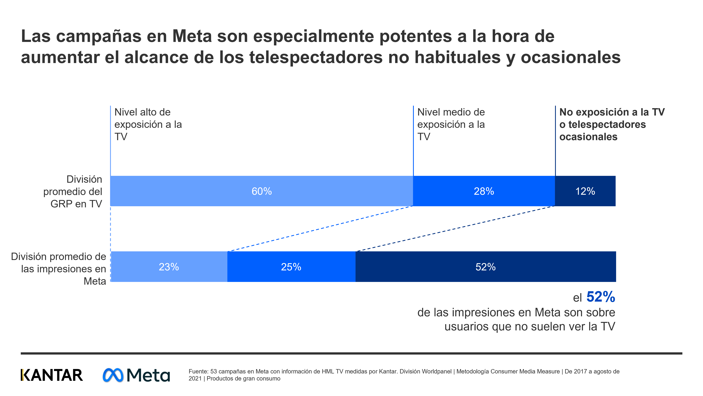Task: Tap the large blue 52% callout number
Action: point(600,297)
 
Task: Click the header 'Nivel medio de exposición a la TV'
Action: point(451,124)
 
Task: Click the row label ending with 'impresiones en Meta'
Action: point(58,269)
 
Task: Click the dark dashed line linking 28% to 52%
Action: point(456,228)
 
